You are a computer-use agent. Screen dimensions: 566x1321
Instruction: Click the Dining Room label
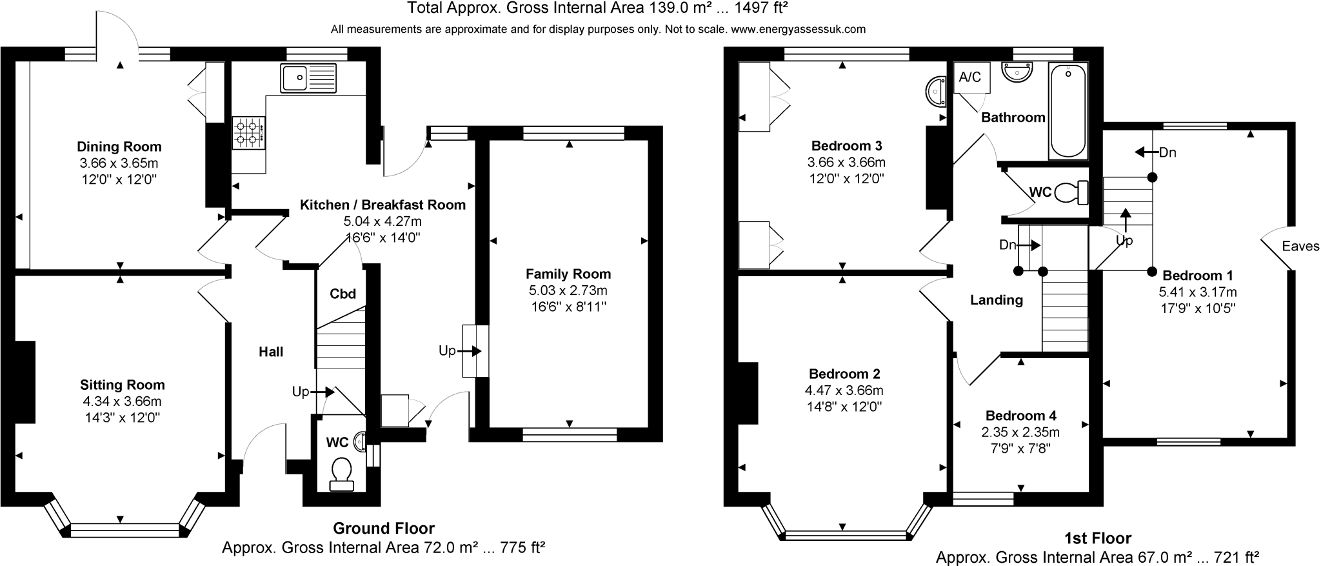[x=119, y=147]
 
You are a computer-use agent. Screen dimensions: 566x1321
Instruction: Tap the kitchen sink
[x=308, y=78]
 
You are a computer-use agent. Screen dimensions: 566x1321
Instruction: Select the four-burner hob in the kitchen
[x=248, y=132]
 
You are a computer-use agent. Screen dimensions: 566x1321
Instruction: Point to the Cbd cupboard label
[x=343, y=294]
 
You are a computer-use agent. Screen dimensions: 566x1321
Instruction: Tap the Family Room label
[x=568, y=274]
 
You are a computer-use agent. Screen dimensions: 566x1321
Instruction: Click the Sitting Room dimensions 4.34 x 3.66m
[x=122, y=401]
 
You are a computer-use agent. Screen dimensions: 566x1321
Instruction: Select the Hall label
[x=271, y=352]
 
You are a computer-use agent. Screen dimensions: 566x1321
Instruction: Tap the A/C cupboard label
[x=969, y=77]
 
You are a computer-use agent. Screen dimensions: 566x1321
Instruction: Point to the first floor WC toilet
[x=1074, y=192]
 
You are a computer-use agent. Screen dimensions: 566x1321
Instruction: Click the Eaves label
[x=1300, y=246]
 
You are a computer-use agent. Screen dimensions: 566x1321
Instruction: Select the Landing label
[x=997, y=299]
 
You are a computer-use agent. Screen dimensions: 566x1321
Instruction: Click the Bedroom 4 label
[x=1020, y=416]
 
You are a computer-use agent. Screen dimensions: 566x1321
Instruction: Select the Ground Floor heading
[x=383, y=529]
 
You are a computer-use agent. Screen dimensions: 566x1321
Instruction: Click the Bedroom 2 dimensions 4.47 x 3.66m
[x=844, y=390]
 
